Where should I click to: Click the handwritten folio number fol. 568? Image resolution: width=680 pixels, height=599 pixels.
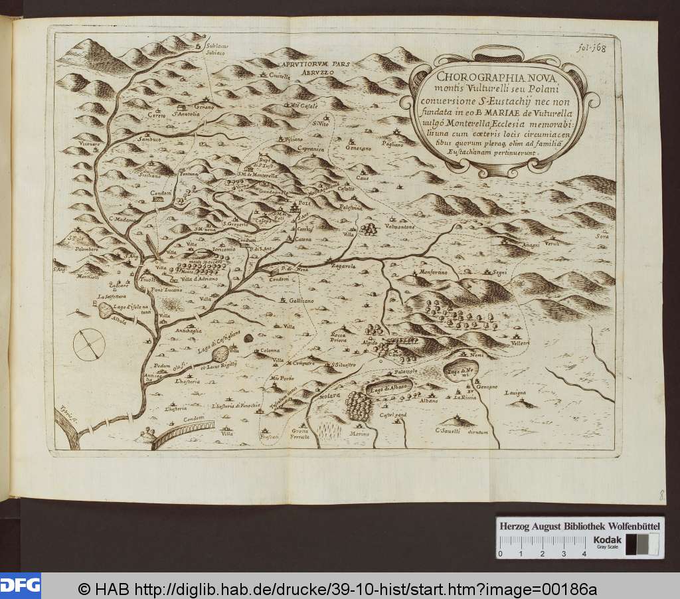coord(590,47)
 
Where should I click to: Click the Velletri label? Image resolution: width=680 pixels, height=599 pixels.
coord(520,343)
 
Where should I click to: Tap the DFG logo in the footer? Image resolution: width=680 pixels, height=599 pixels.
coord(20,585)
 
